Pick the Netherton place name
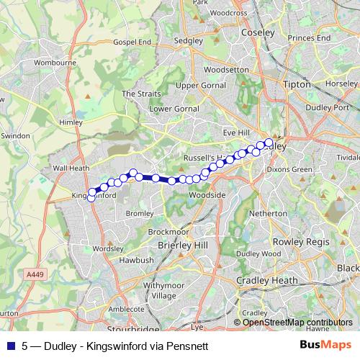point(268,214)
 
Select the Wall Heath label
point(71,169)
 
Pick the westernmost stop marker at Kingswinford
point(91,199)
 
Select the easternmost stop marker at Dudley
point(269,142)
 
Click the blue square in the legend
point(10,345)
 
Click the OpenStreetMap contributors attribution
point(297,322)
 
